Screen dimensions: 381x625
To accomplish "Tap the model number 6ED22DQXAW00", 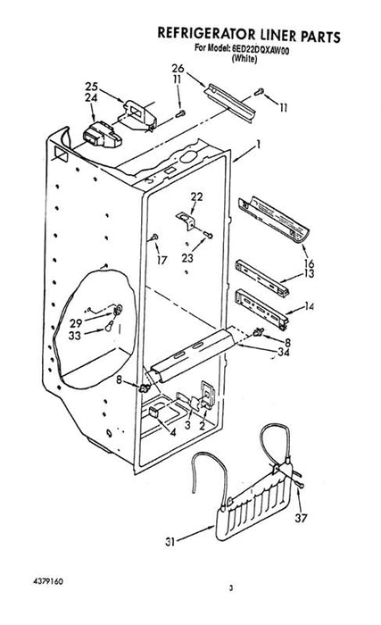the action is (x=260, y=50).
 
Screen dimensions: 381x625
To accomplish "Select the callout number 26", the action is (x=178, y=68).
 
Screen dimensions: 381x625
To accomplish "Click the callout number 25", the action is (x=91, y=87).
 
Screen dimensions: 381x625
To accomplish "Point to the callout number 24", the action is (x=91, y=97).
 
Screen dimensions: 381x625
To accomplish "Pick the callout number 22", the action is (x=196, y=196).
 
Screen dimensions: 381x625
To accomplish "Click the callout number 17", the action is (x=162, y=260).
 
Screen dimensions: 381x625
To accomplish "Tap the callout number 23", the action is (x=187, y=258).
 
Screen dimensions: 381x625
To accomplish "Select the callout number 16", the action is (x=309, y=263).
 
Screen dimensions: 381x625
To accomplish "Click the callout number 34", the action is (x=284, y=352).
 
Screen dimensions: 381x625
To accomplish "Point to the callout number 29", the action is (x=76, y=323).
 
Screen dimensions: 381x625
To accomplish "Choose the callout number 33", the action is (x=75, y=336).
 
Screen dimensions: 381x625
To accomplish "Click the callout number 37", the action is (x=301, y=518).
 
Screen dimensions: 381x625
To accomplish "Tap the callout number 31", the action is (x=170, y=542).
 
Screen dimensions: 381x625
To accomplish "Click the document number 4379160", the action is (x=48, y=580).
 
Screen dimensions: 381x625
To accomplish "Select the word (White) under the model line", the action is (x=244, y=59).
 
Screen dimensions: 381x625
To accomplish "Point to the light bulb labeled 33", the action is (x=108, y=326).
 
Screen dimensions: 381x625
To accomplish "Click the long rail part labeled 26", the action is (x=230, y=104).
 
